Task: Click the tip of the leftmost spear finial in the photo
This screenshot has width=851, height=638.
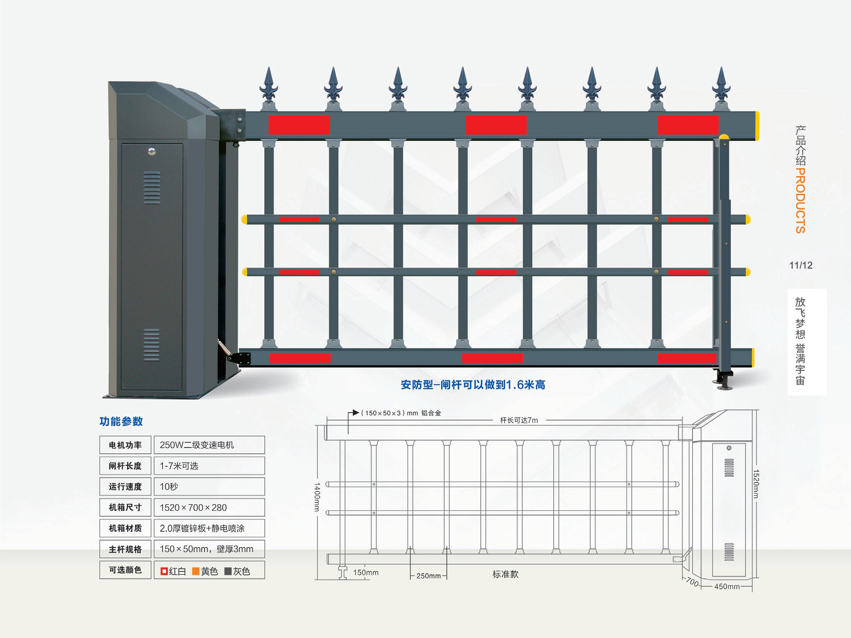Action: point(269,67)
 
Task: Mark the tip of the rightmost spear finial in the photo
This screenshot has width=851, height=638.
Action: point(721,67)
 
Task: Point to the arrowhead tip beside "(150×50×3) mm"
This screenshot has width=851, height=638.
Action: point(359,413)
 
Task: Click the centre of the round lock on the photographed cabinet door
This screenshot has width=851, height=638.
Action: point(151,152)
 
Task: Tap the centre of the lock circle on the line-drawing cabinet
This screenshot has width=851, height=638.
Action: point(729,448)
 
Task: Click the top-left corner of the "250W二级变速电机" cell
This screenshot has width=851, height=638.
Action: point(154,436)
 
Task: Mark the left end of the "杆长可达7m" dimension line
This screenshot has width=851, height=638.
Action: point(327,420)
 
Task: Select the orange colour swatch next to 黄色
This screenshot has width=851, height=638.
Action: point(196,571)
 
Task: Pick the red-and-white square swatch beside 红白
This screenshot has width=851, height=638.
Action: point(164,571)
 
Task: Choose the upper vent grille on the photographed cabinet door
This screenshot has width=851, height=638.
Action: point(152,188)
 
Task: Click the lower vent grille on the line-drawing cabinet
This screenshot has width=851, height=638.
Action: point(729,552)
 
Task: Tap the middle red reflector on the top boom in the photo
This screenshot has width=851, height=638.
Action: point(496,125)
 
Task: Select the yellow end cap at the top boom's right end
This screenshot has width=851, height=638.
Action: point(757,126)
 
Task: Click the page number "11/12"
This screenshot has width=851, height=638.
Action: point(801,265)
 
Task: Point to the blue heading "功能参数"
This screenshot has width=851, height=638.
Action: point(121,421)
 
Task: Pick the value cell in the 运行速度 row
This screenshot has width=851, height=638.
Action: point(209,486)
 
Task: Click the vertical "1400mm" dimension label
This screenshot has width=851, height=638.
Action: point(317,497)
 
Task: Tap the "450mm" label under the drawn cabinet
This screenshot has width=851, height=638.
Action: point(727,586)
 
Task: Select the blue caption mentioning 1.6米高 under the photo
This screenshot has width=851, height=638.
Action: point(473,385)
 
